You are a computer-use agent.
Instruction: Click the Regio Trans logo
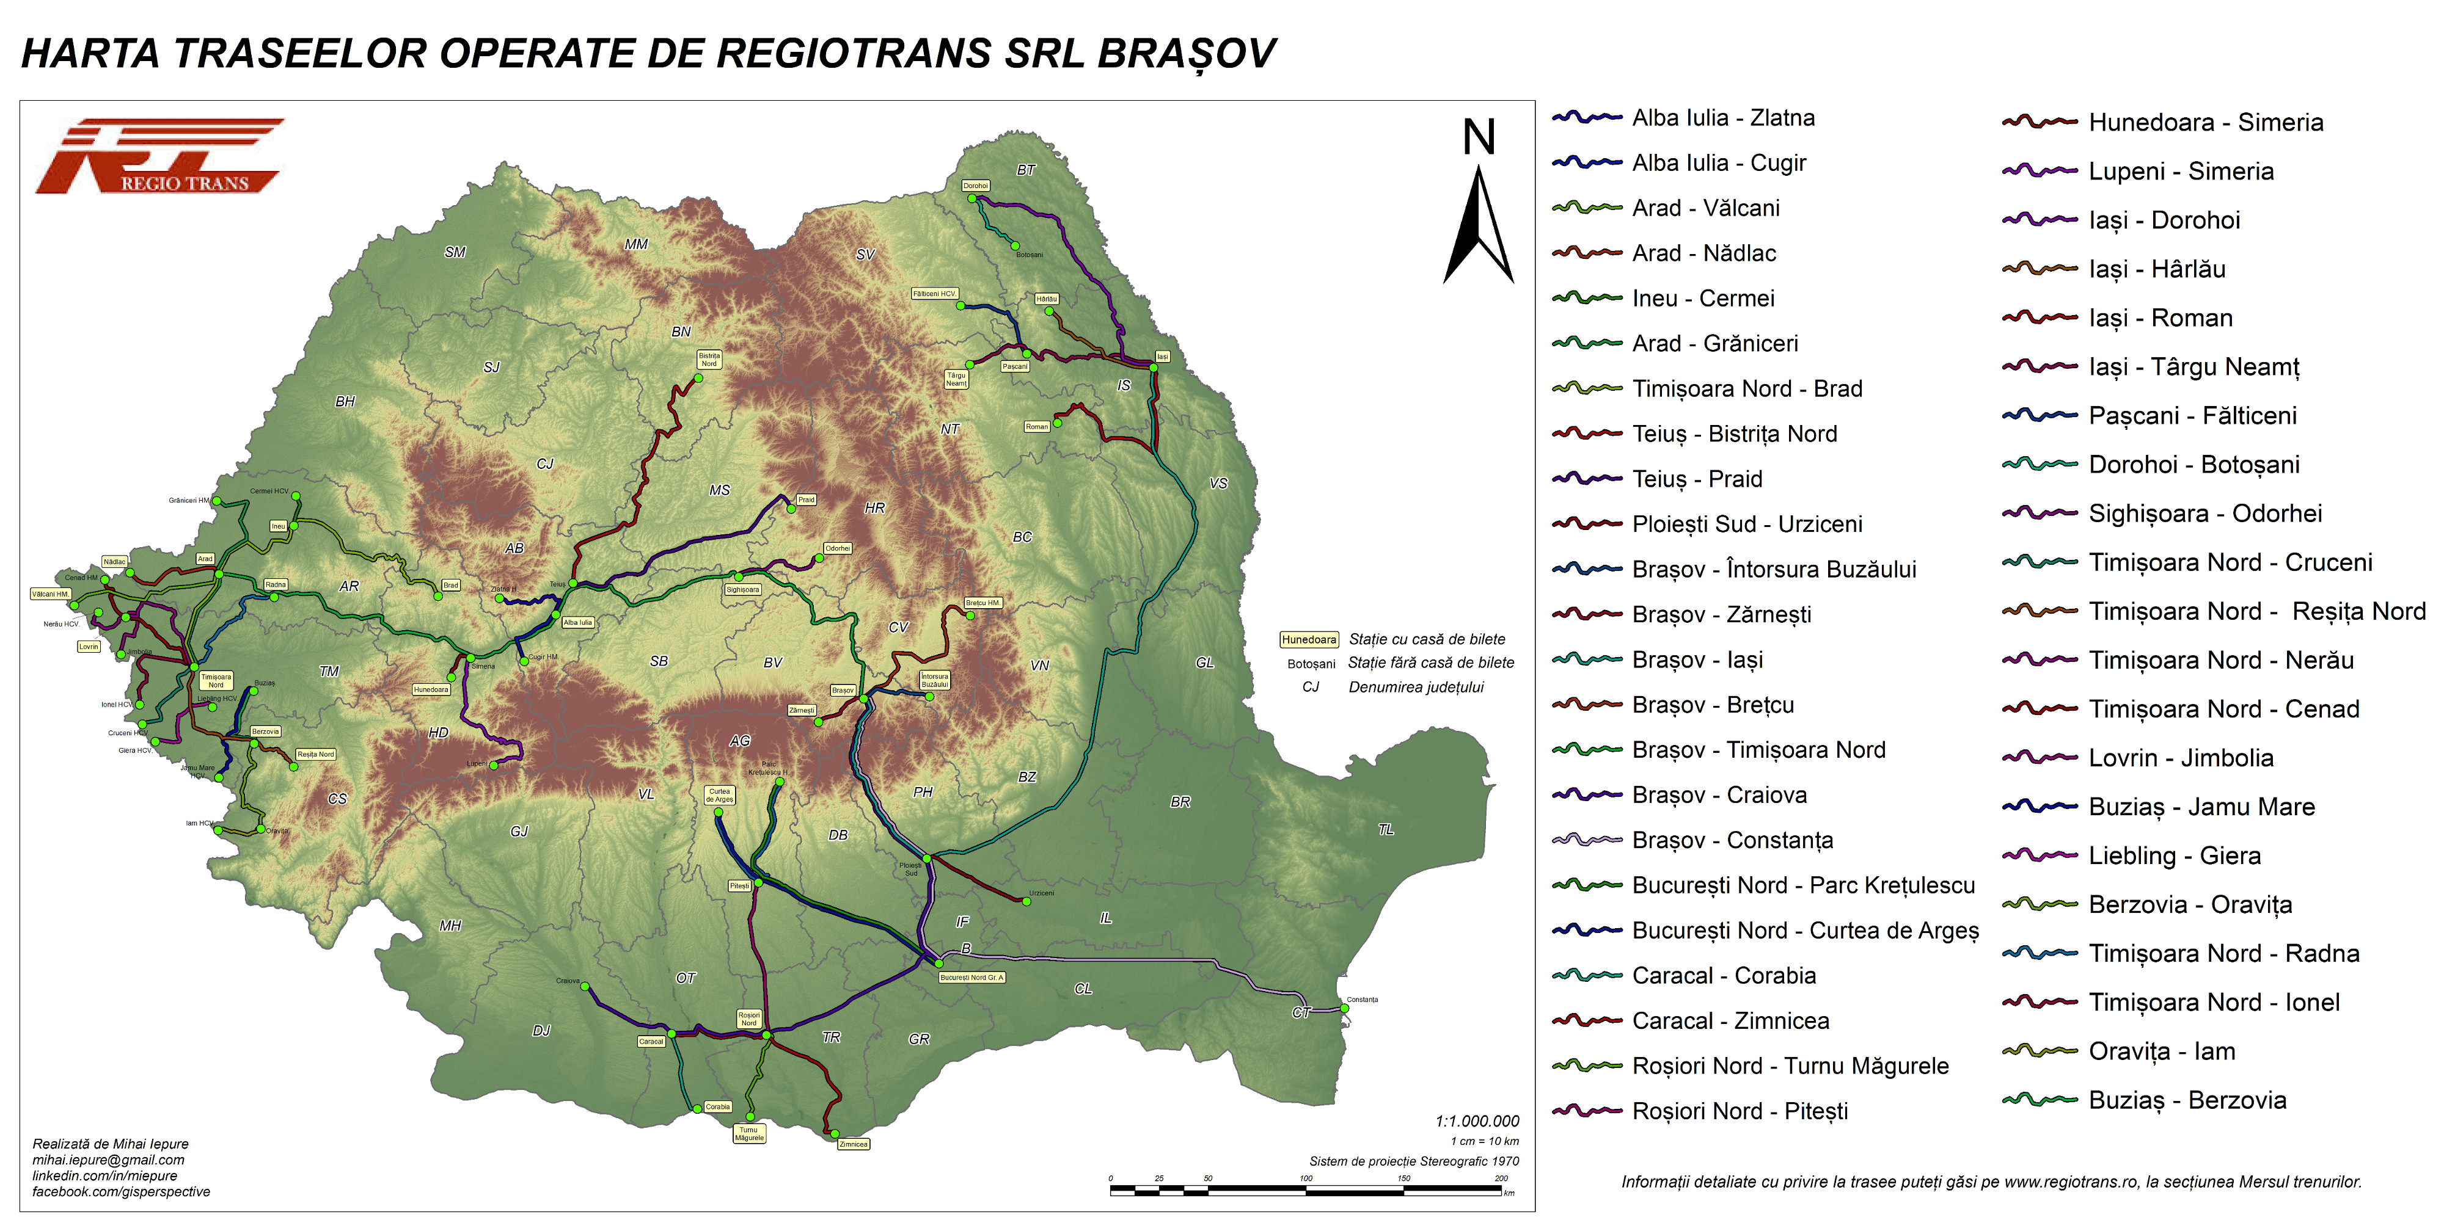click(x=159, y=156)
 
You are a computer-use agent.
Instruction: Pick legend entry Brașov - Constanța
click(x=1732, y=840)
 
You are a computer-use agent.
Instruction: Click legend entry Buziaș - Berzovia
click(x=2186, y=1100)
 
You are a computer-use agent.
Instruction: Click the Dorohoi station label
click(x=975, y=186)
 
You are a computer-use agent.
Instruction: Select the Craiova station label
click(x=568, y=981)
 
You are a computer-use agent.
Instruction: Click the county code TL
click(x=1386, y=830)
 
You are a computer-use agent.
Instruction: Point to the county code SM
click(x=455, y=252)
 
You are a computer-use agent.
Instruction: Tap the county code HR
click(x=875, y=508)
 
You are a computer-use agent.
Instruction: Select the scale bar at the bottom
click(x=1306, y=1189)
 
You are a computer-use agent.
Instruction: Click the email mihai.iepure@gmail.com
click(x=108, y=1160)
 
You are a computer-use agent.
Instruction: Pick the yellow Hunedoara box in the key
click(x=1308, y=640)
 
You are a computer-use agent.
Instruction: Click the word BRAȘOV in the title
click(x=1186, y=54)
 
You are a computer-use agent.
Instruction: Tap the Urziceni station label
click(x=1041, y=893)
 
